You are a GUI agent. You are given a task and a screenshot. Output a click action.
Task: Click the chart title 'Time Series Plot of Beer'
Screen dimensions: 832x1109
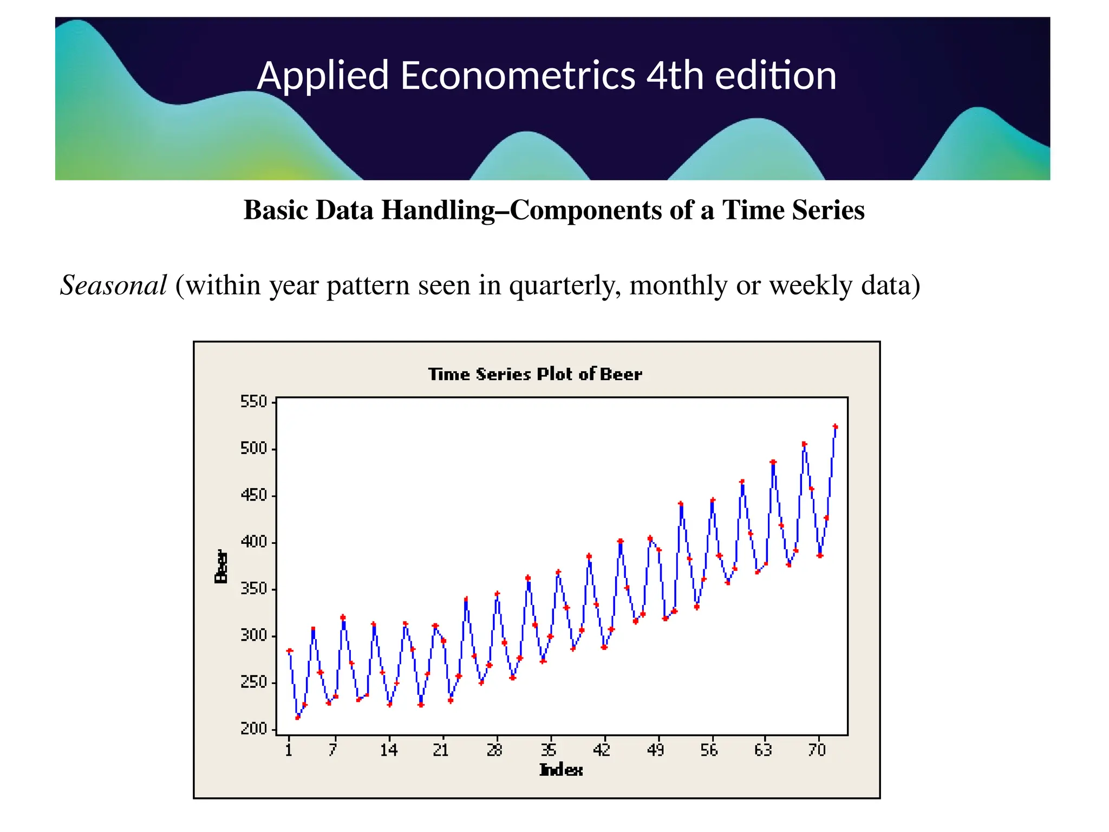pos(535,374)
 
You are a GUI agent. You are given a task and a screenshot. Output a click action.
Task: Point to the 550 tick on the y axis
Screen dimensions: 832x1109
pos(254,402)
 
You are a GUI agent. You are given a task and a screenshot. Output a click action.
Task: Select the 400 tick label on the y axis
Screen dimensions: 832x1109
pos(254,542)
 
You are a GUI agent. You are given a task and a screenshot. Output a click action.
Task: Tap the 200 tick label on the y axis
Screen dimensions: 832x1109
pos(254,729)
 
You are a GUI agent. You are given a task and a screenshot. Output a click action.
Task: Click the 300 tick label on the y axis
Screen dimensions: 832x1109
pos(254,635)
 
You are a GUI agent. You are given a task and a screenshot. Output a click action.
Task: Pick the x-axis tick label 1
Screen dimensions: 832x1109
pos(289,750)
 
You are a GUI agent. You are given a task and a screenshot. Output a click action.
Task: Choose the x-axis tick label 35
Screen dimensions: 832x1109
pos(549,750)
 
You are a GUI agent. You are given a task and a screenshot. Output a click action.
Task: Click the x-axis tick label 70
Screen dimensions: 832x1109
pos(817,750)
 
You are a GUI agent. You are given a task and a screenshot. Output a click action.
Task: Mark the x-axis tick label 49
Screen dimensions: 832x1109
pos(656,750)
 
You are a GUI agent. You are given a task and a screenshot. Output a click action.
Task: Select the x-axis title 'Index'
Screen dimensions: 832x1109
pos(561,770)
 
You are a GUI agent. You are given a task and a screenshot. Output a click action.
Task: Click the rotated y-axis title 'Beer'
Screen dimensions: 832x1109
pos(221,567)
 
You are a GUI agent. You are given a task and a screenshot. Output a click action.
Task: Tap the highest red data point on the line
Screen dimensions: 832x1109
pos(835,427)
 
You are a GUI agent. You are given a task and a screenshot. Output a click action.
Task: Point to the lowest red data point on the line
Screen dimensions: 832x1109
pos(297,718)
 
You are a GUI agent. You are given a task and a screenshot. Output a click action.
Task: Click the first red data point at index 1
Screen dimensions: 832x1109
pos(289,651)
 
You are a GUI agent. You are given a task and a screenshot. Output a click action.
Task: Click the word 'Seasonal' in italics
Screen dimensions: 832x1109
pos(113,285)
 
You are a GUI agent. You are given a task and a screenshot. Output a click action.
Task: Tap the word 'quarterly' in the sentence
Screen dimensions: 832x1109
pos(565,285)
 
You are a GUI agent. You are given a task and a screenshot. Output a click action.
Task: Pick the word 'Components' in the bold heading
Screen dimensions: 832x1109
pos(585,210)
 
